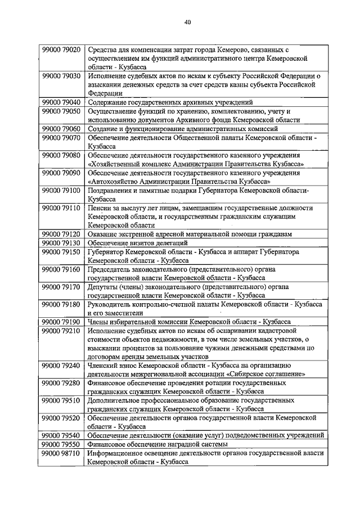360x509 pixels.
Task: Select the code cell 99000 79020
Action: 61,50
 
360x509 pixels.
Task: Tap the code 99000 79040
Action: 61,102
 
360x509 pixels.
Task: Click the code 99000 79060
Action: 61,129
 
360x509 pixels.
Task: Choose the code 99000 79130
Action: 61,243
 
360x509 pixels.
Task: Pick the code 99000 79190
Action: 61,321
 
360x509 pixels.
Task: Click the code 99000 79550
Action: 61,444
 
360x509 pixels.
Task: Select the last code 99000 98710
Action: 61,453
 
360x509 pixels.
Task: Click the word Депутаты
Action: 105,286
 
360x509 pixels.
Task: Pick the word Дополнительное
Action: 117,400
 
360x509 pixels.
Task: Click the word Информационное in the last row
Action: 118,453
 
